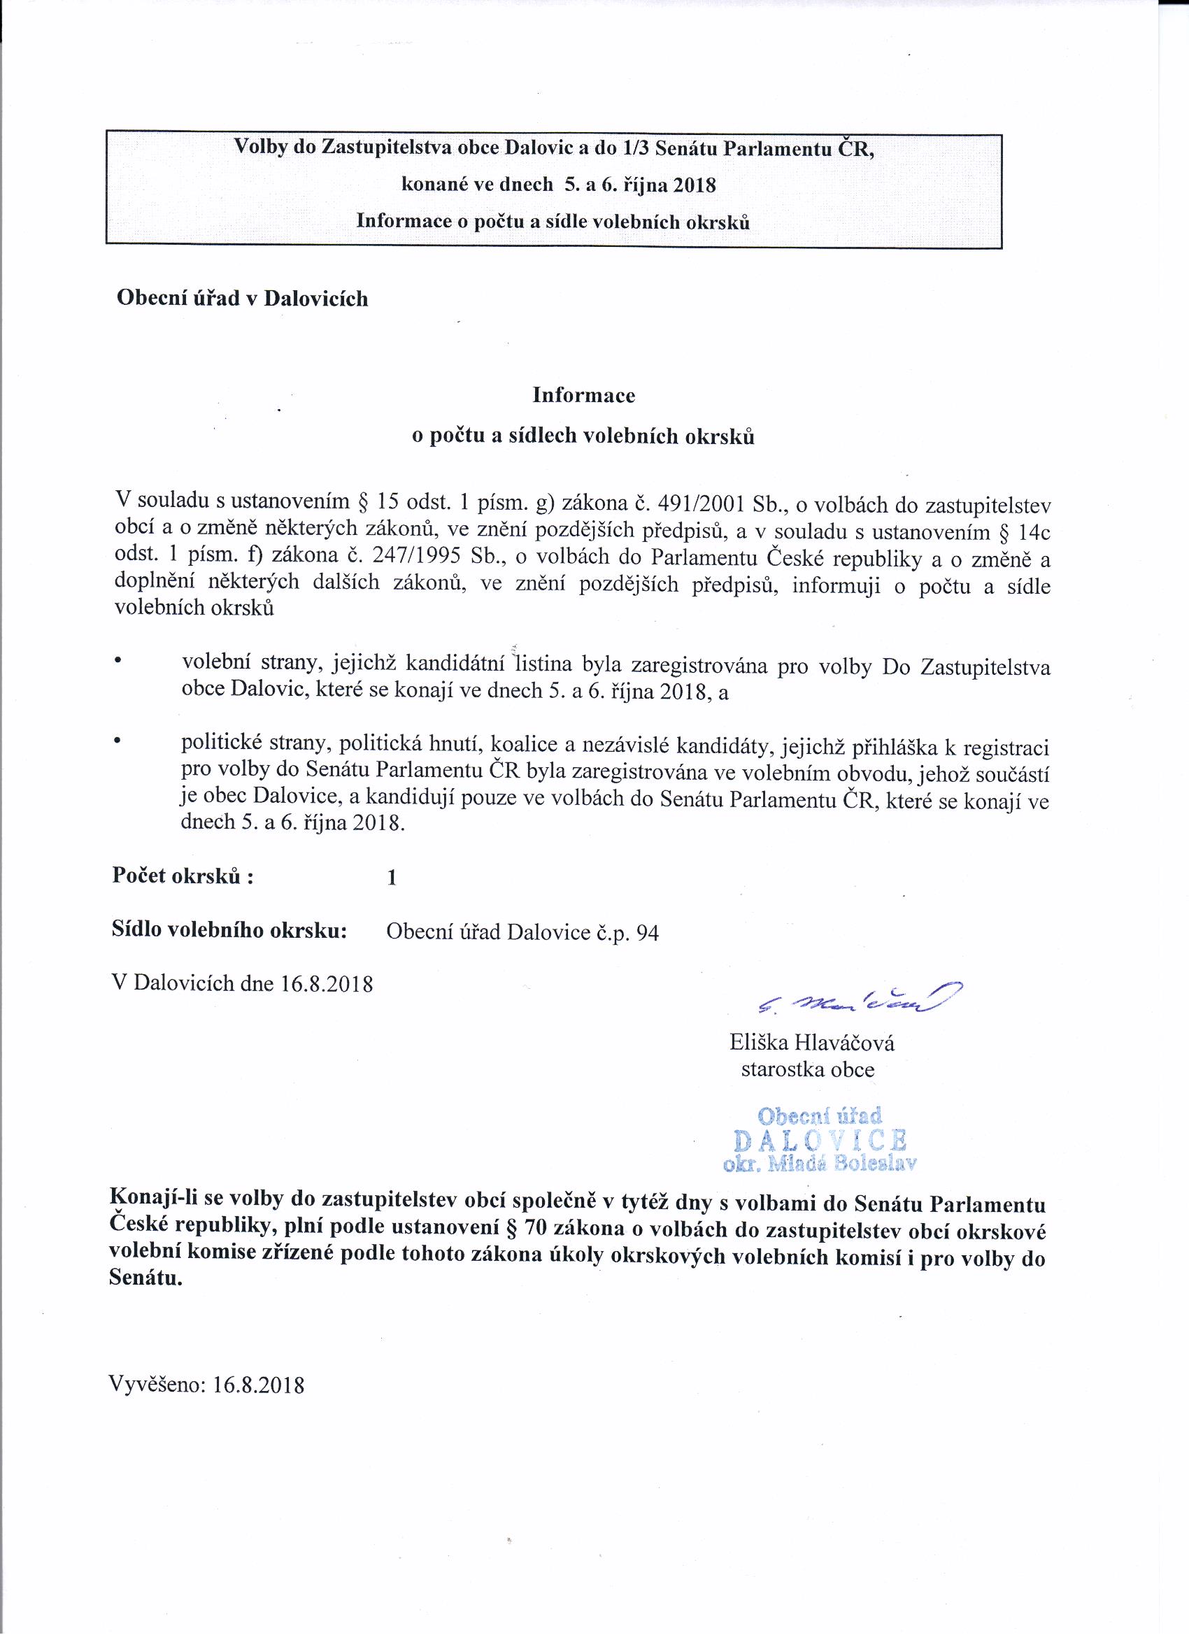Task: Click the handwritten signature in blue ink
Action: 858,999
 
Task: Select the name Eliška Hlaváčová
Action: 812,1043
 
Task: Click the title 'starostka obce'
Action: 808,1069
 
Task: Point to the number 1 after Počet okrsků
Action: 392,878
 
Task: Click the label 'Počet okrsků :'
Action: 183,877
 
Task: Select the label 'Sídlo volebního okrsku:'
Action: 230,931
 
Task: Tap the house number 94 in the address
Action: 648,934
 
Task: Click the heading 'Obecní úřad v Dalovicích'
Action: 242,299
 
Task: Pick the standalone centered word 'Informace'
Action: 583,395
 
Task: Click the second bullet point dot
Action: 117,740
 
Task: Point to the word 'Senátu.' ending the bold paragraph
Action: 145,1280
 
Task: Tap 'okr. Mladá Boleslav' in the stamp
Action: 820,1163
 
